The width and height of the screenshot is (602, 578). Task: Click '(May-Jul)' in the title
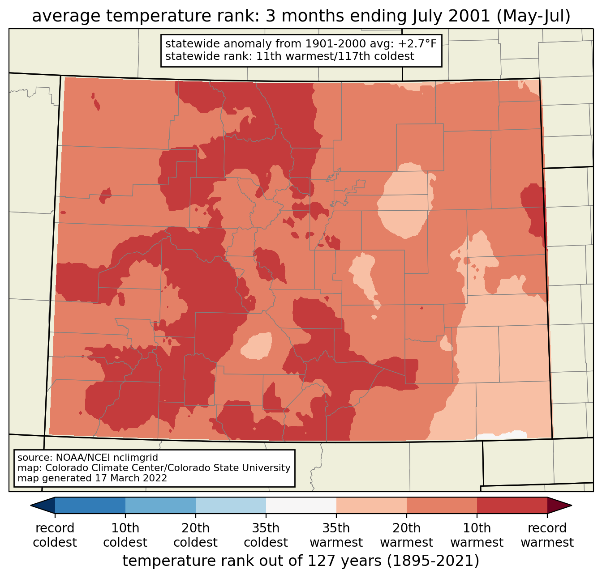tap(533, 16)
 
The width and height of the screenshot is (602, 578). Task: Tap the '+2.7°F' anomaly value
tap(417, 44)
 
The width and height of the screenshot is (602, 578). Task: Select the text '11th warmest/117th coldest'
tap(335, 56)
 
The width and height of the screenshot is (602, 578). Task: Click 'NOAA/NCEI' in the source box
tap(76, 458)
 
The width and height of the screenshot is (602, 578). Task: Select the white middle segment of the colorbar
tap(301, 506)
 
